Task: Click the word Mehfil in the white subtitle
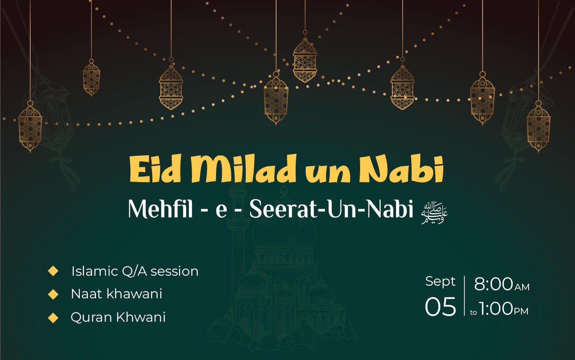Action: click(161, 209)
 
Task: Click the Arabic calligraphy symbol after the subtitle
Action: click(434, 213)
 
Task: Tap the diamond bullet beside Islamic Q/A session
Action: click(53, 271)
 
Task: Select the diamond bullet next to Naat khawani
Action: click(53, 294)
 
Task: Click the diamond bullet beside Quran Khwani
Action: click(53, 317)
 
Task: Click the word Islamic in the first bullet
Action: click(95, 271)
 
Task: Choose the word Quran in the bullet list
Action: click(92, 317)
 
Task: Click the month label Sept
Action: click(440, 282)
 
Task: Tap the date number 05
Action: click(441, 307)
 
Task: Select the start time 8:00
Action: click(493, 284)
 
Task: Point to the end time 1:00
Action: click(496, 308)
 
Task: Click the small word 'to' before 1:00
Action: click(473, 312)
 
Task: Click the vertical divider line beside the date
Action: click(464, 296)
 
